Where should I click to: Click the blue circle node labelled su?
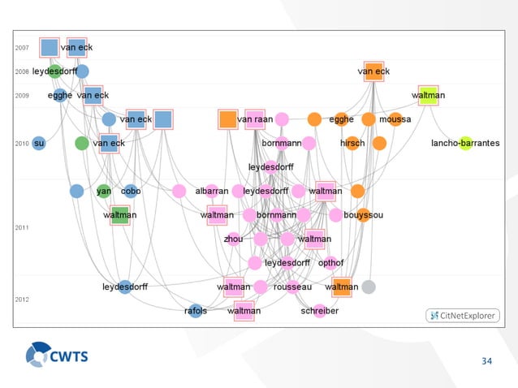coord(37,144)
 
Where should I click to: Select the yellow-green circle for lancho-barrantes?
coord(464,144)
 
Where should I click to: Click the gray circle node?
coord(369,287)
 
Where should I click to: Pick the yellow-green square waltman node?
coord(428,96)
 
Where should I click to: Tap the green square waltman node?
coord(120,215)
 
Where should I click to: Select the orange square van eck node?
coord(373,71)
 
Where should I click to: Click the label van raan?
coord(254,120)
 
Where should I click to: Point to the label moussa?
coord(395,120)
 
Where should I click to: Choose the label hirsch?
coord(352,144)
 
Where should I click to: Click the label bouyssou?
coord(363,215)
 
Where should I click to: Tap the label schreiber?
coord(319,311)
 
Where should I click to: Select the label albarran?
coord(211,192)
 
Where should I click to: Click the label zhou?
coord(233,239)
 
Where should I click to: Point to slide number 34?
coord(487,361)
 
